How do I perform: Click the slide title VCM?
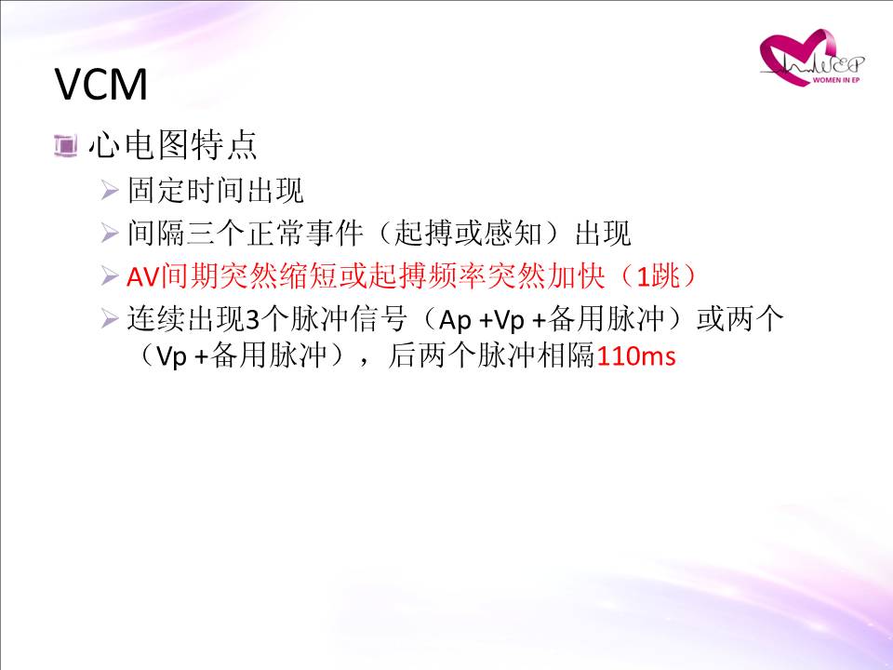tap(101, 85)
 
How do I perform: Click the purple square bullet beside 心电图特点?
tap(65, 145)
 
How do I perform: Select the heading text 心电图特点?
tap(173, 145)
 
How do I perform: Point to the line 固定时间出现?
tap(215, 190)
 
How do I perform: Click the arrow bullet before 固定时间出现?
tap(110, 190)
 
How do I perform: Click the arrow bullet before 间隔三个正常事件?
tap(110, 233)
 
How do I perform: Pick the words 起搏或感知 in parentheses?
tap(468, 233)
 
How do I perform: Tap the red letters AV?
tap(143, 277)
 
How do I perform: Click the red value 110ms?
tap(636, 356)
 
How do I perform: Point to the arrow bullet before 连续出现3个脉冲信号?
tap(110, 318)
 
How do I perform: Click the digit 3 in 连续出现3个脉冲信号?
tap(252, 320)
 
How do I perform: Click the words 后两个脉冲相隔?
tap(491, 355)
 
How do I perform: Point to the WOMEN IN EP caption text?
tap(836, 80)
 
